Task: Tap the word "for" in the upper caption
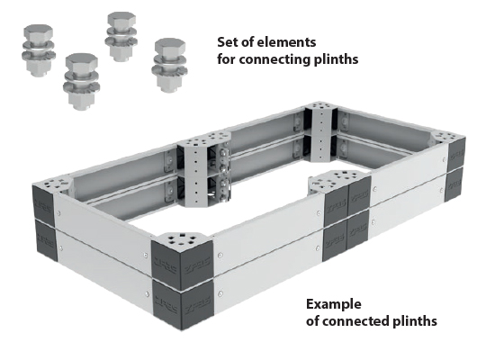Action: click(x=226, y=58)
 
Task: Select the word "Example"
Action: click(x=334, y=304)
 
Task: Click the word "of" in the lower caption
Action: click(x=312, y=321)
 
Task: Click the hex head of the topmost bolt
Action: click(x=121, y=19)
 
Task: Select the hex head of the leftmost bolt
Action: click(x=38, y=32)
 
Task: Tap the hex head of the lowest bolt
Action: click(x=82, y=62)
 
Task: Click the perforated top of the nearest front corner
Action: click(x=182, y=239)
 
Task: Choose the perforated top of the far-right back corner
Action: click(x=448, y=136)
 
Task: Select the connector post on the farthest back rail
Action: click(x=320, y=132)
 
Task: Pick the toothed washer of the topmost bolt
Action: click(x=121, y=41)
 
